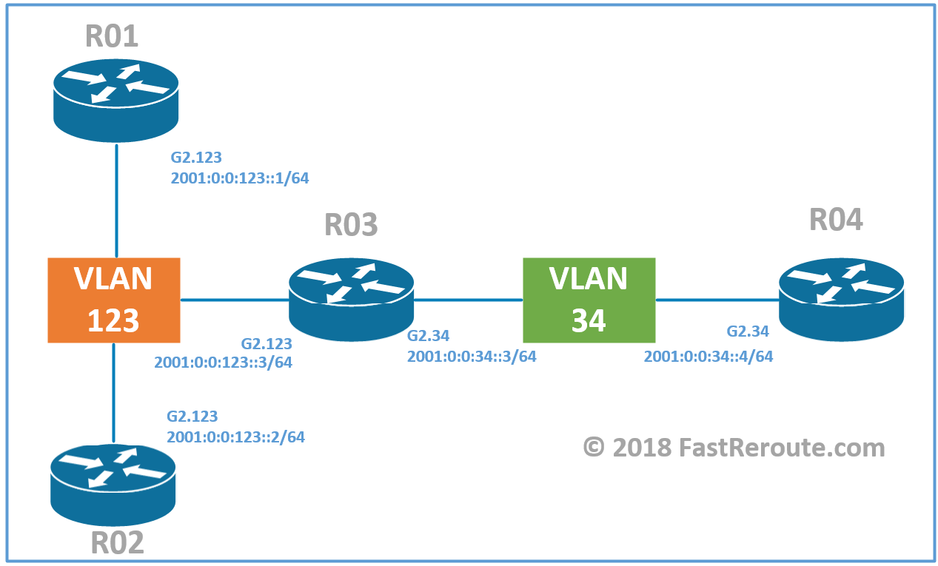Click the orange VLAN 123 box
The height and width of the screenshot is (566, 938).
coord(113,300)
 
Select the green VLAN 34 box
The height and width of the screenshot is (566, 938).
coord(589,300)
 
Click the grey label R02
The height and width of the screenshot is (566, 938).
coord(117,542)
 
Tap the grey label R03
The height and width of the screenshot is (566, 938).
coord(351,225)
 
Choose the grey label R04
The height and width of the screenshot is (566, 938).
coord(836,220)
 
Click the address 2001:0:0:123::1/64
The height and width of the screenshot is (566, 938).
coord(239,178)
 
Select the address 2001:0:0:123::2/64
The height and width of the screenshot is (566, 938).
coord(235,437)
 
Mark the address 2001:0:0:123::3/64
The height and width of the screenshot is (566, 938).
coord(223,363)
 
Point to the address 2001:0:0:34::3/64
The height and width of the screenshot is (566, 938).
coord(471,356)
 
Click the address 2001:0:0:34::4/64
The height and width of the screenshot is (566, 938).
coord(708,356)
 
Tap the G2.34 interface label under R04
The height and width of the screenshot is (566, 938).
coord(747,331)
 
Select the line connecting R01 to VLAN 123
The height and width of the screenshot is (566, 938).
coord(116,200)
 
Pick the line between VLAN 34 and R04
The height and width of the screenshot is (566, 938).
coord(717,300)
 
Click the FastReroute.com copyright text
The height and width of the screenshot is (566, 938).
coord(734,448)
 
